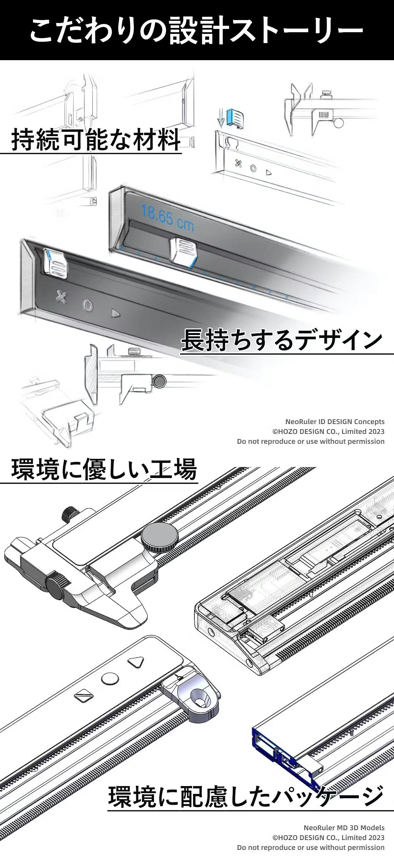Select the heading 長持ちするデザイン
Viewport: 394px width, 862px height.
[282, 340]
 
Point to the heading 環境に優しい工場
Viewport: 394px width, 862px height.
[104, 469]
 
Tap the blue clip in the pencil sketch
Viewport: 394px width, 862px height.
[235, 118]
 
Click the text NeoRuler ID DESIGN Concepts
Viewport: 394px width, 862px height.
[335, 421]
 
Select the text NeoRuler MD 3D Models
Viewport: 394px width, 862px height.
[344, 827]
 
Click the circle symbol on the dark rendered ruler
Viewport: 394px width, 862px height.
[88, 305]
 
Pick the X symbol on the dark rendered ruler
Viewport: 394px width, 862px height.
[61, 297]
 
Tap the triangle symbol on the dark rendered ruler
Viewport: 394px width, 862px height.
[115, 314]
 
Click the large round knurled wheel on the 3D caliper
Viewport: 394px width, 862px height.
[159, 537]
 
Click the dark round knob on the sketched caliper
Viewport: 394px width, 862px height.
[159, 380]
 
